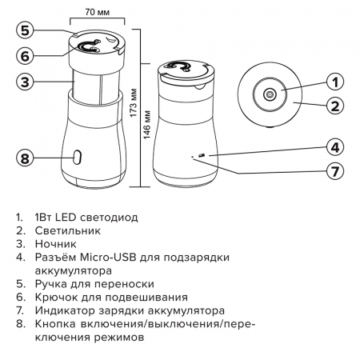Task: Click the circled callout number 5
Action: click(x=26, y=30)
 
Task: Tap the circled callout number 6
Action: click(x=26, y=56)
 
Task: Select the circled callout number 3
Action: click(x=26, y=82)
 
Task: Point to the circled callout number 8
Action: click(x=26, y=158)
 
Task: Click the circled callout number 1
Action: click(x=336, y=81)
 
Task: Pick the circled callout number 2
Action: click(x=336, y=105)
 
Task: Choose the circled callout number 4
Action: click(x=336, y=146)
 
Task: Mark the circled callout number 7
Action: click(x=336, y=170)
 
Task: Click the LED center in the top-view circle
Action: click(x=270, y=94)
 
